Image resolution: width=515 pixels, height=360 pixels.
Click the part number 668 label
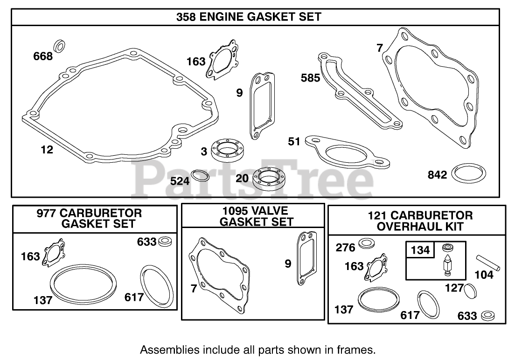pyautogui.click(x=42, y=56)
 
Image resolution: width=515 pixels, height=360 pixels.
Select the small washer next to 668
pyautogui.click(x=60, y=46)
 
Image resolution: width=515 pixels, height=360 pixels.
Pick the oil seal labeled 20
pyautogui.click(x=268, y=178)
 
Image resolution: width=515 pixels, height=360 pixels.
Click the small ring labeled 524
pyautogui.click(x=201, y=176)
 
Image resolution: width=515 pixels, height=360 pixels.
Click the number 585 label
pyautogui.click(x=310, y=77)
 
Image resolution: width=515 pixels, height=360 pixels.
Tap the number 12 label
pyautogui.click(x=47, y=149)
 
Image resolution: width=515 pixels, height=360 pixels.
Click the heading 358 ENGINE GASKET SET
pyautogui.click(x=249, y=17)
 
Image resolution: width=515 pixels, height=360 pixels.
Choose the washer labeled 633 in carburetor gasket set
pyautogui.click(x=165, y=242)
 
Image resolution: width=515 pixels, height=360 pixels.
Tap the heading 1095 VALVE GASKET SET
pyautogui.click(x=253, y=216)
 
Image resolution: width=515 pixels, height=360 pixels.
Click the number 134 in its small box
pyautogui.click(x=420, y=250)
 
